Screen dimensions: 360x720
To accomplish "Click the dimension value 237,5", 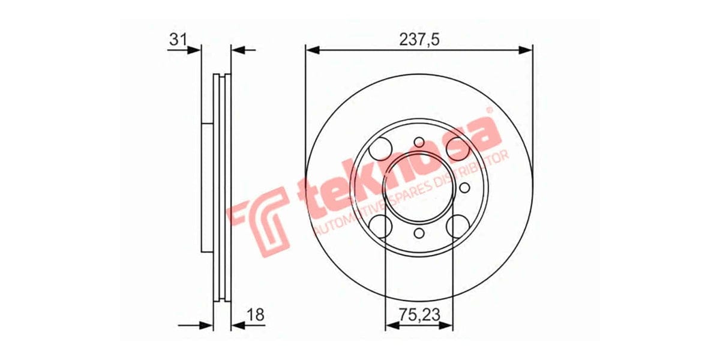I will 419,40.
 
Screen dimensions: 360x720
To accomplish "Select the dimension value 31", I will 177,40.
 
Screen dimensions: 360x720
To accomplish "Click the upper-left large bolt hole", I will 381,147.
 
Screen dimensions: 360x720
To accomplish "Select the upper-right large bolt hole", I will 457,147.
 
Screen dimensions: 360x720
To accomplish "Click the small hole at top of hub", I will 419,142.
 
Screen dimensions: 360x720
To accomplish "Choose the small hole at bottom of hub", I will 419,233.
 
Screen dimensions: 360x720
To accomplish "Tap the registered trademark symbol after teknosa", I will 488,111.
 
